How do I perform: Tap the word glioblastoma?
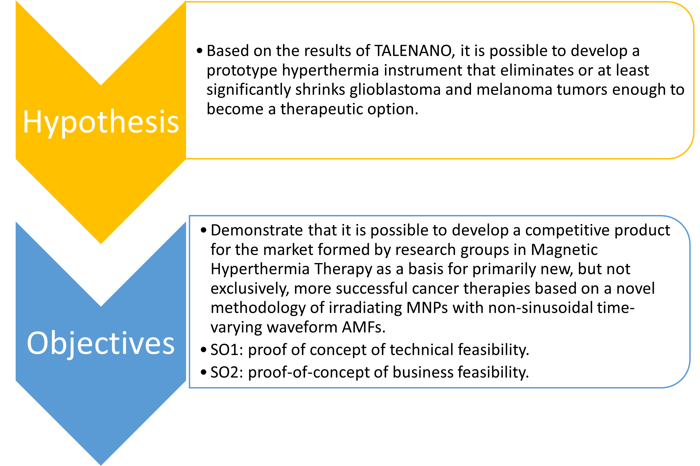(395, 89)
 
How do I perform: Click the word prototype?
(242, 71)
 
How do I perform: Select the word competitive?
(567, 231)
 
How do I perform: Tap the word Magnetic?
(564, 250)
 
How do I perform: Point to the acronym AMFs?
(363, 327)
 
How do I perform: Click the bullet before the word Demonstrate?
(204, 230)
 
